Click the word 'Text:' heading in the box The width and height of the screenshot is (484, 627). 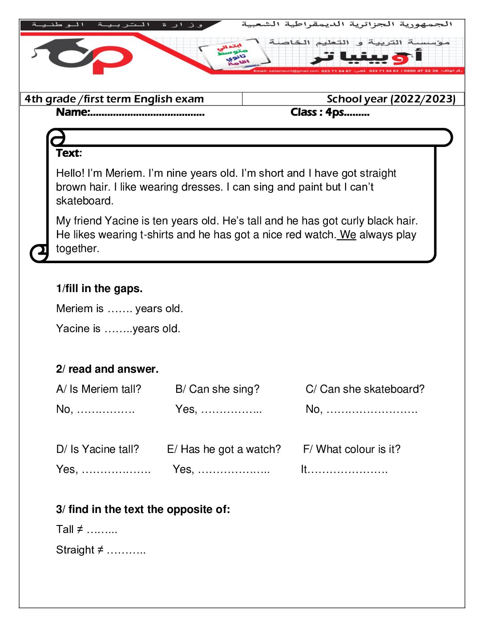pos(69,153)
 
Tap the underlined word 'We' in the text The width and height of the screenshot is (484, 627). pos(348,235)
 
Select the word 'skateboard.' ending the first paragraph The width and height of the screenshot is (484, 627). pos(85,201)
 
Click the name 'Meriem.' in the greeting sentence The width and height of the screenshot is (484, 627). pos(125,173)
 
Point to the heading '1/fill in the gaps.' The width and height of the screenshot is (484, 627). pos(99,289)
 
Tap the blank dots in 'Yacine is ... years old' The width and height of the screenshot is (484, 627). pos(118,329)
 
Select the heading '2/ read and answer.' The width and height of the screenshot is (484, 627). pos(107,369)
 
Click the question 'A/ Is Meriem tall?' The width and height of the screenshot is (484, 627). pos(99,389)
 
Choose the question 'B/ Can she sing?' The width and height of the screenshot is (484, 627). pos(217,389)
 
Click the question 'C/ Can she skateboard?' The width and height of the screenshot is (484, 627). pos(365,389)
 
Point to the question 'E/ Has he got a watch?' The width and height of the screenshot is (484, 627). pos(224,449)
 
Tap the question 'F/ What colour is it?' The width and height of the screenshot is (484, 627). pos(351,449)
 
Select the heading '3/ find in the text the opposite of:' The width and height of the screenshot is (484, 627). pos(143,509)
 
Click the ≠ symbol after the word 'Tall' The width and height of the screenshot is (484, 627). pos(80,529)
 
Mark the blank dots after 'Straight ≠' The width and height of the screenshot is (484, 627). pos(126,551)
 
